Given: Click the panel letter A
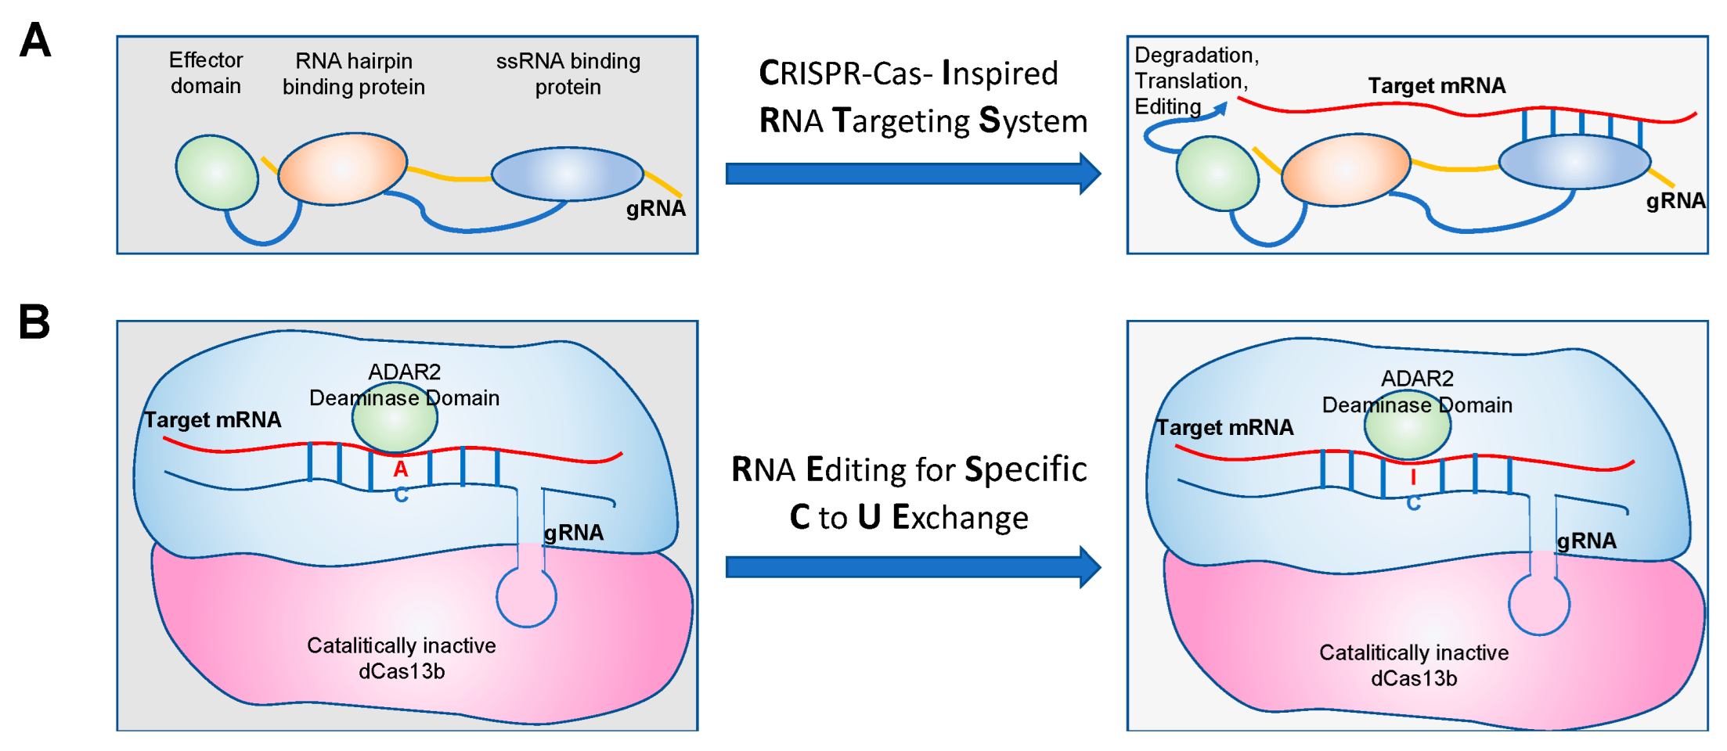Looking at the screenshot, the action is [x=35, y=40].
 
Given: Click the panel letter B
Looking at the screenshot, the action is [x=34, y=322].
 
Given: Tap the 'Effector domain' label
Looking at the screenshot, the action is [x=206, y=73].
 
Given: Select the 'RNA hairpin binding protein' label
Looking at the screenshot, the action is [x=354, y=74].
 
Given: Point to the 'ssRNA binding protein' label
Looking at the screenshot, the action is [x=568, y=74].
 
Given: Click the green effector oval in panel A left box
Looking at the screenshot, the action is [x=217, y=172].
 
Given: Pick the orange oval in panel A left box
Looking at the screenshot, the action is [x=343, y=169].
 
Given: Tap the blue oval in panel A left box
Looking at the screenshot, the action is [x=568, y=174].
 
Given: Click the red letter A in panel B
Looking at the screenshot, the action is [x=401, y=469].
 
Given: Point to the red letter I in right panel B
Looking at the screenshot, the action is [x=1413, y=476].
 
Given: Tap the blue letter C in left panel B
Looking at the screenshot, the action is [x=401, y=495].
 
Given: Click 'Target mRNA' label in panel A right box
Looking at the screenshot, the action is [x=1437, y=85].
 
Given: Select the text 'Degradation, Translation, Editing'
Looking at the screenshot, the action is [x=1196, y=81].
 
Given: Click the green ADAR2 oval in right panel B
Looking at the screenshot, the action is [x=1408, y=426].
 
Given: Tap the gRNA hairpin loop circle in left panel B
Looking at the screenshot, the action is [x=526, y=597].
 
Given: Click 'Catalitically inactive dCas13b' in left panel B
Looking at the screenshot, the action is [x=402, y=658].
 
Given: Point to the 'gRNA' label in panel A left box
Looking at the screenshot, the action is [x=656, y=208].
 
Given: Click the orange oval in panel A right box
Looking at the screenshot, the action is [x=1346, y=170].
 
